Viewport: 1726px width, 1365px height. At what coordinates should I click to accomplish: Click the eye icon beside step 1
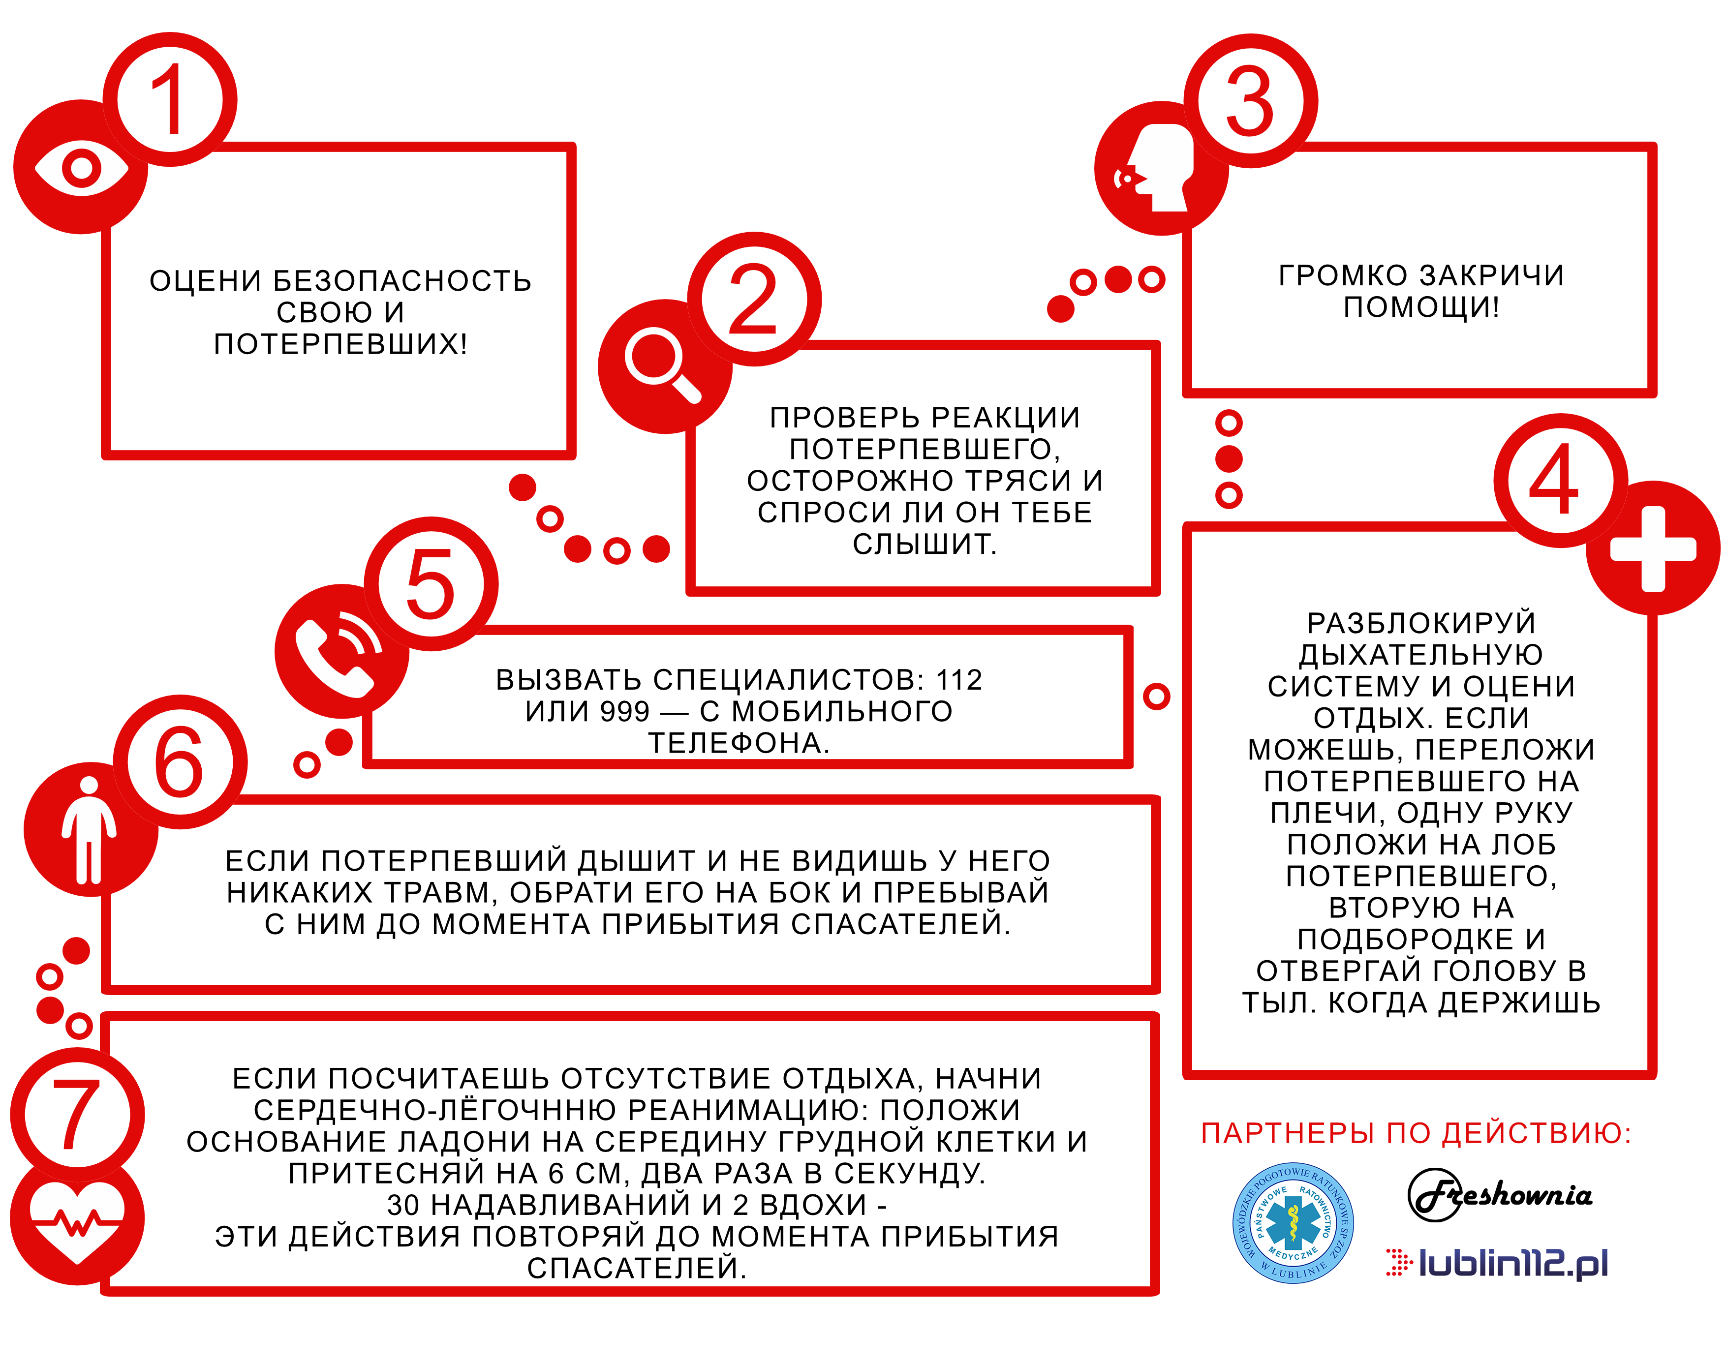point(81,168)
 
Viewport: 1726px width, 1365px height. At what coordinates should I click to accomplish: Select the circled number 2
point(753,299)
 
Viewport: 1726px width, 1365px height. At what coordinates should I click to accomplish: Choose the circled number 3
point(1250,101)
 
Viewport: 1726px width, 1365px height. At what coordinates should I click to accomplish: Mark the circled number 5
point(431,584)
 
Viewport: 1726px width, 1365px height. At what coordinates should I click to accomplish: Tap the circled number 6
point(180,761)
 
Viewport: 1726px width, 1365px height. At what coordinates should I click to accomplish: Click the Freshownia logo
point(1499,1195)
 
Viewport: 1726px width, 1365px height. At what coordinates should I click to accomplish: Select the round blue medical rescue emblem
point(1293,1223)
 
